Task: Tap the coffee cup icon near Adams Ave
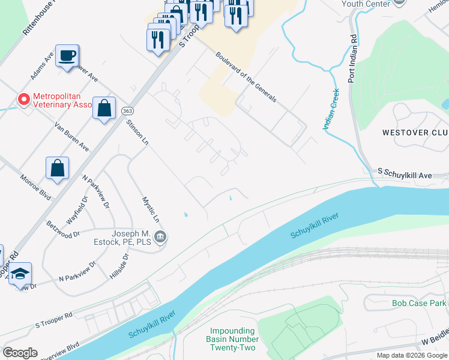(x=67, y=56)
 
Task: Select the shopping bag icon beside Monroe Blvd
(x=57, y=169)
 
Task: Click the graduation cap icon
(x=20, y=274)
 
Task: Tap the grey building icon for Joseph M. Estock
(x=160, y=238)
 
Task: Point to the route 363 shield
(x=127, y=112)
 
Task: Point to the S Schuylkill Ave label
(x=405, y=174)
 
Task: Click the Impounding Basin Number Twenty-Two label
(x=232, y=340)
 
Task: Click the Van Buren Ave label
(x=71, y=137)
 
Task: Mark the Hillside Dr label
(x=119, y=265)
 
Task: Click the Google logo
(x=19, y=353)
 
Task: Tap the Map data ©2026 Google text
(x=412, y=355)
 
